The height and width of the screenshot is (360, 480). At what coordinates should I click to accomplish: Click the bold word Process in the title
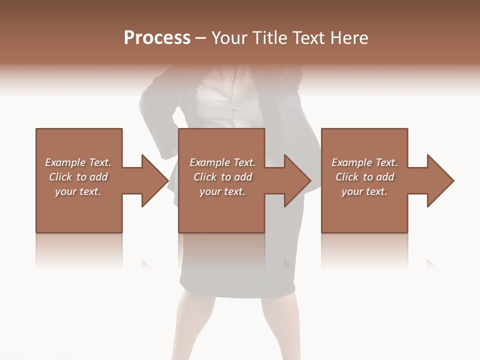pos(157,38)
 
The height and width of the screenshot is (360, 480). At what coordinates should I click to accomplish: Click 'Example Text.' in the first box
pos(78,162)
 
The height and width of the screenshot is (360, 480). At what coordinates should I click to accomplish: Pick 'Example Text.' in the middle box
pos(222,162)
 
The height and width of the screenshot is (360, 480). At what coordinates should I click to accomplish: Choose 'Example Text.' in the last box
pos(364,162)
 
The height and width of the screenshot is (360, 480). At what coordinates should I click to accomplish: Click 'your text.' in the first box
pos(78,191)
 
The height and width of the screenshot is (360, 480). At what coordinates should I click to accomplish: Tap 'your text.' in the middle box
pos(222,191)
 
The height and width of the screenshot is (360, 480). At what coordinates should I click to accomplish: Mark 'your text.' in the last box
pos(364,191)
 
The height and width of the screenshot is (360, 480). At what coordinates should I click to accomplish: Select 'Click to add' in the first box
pos(78,177)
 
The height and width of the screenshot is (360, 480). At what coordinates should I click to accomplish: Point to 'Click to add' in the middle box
pos(222,177)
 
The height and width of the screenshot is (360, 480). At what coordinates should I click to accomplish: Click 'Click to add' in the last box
pos(364,177)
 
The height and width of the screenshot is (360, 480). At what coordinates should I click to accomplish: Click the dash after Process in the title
pos(201,38)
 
